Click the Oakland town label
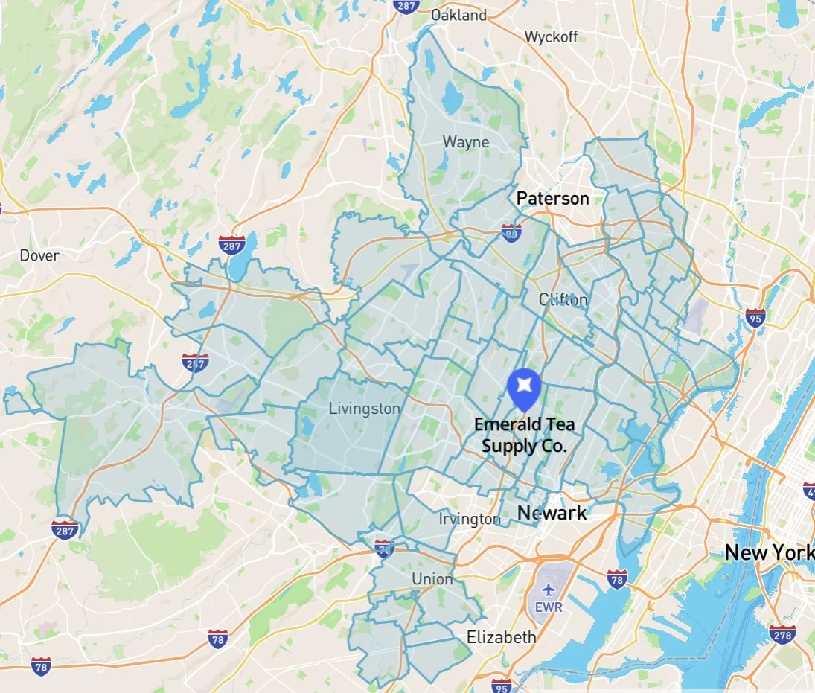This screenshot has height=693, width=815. tap(458, 15)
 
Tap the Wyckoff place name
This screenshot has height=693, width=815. tap(551, 36)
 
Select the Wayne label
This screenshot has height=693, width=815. tap(466, 141)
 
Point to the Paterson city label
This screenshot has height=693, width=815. tap(553, 198)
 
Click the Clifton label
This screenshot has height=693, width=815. tap(563, 300)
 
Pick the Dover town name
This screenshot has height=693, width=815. tap(39, 255)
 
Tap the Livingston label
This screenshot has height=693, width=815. tap(364, 409)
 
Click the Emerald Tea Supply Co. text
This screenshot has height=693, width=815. tap(525, 435)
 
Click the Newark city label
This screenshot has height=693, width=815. tap(552, 513)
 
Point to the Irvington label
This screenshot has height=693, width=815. tap(469, 519)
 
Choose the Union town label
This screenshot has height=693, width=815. tap(432, 578)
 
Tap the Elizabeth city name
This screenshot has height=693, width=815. tap(501, 637)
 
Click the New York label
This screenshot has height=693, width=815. tap(770, 553)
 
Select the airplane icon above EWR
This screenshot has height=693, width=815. tap(549, 590)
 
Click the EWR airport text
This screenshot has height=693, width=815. tap(549, 607)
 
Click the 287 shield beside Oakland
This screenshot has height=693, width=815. tap(406, 6)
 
